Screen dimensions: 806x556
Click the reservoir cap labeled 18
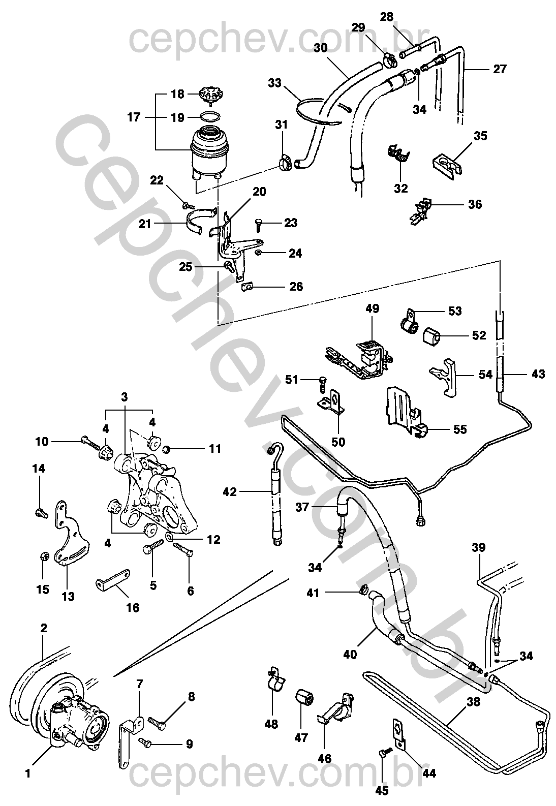click(212, 95)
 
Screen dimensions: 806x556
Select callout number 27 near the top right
click(500, 69)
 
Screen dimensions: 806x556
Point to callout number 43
click(538, 374)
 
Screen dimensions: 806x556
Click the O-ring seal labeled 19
click(210, 117)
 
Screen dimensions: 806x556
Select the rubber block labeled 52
click(431, 335)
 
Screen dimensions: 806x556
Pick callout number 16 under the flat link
click(132, 607)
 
